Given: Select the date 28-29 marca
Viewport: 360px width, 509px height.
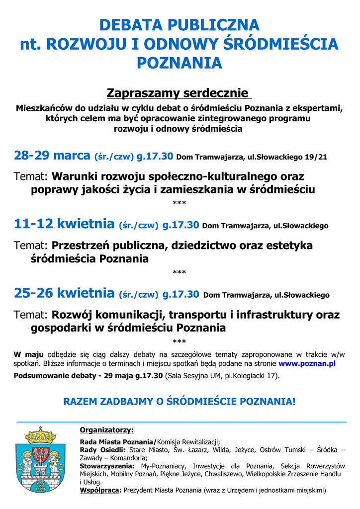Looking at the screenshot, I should pyautogui.click(x=52, y=156).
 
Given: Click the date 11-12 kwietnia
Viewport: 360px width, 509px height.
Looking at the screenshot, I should pyautogui.click(x=64, y=225).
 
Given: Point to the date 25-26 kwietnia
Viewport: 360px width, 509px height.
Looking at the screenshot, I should pyautogui.click(x=64, y=294).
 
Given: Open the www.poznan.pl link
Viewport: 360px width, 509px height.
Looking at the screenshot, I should pyautogui.click(x=307, y=363).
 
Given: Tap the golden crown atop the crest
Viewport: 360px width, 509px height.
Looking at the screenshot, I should pyautogui.click(x=41, y=435).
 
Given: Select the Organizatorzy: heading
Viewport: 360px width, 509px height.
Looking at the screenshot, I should pyautogui.click(x=106, y=430).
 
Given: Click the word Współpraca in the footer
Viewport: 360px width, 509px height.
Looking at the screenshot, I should pyautogui.click(x=100, y=490).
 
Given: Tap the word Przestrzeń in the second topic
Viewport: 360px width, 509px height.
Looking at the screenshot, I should pyautogui.click(x=81, y=246).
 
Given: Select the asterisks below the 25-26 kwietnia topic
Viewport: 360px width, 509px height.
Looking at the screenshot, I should pyautogui.click(x=179, y=342).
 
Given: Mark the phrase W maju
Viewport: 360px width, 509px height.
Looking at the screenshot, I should pyautogui.click(x=28, y=354).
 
